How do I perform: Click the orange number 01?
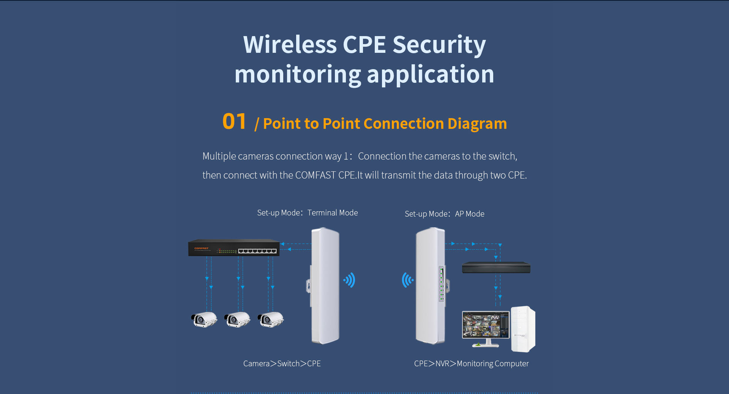234,122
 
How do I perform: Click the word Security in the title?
439,45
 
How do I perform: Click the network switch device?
234,248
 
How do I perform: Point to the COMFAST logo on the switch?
201,248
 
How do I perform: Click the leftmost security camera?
204,320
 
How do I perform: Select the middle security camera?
237,320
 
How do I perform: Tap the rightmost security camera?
270,320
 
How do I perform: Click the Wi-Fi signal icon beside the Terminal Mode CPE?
350,280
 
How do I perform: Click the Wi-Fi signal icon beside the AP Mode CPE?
407,280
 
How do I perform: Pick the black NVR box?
496,267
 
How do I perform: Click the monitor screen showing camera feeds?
486,325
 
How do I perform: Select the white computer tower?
523,329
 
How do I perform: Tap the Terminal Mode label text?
332,213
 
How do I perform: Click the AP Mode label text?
469,214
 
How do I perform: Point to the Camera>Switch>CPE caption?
282,364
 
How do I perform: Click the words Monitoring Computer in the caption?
492,364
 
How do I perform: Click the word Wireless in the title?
290,45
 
